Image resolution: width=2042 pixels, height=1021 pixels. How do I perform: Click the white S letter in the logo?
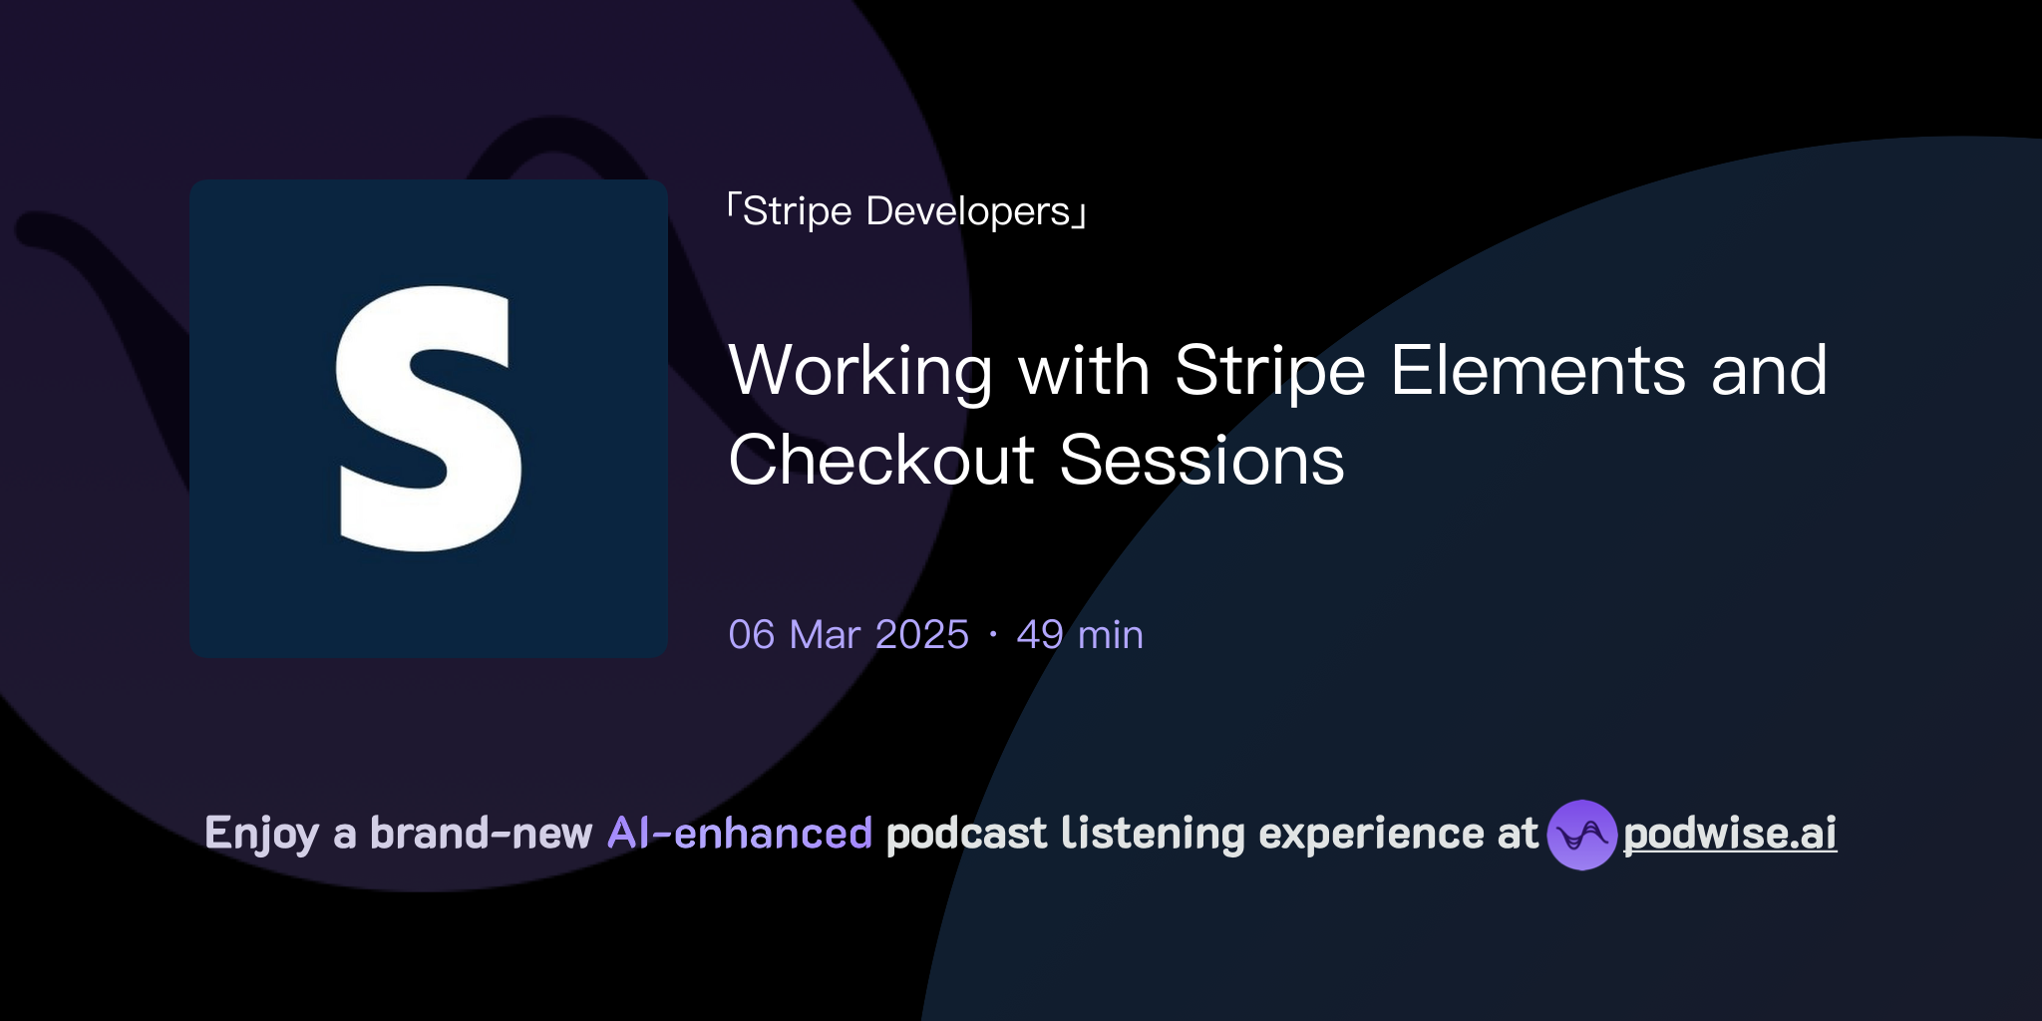429,419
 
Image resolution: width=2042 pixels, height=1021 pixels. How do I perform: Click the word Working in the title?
859,372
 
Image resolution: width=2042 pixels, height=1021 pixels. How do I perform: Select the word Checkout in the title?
881,460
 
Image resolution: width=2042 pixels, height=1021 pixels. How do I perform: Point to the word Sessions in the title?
1201,460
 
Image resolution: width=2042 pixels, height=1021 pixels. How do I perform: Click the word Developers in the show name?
967,211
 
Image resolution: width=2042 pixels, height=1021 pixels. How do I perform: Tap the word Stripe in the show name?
797,211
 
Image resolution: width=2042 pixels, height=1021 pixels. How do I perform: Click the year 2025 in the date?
921,635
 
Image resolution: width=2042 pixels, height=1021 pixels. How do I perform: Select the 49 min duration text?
1079,635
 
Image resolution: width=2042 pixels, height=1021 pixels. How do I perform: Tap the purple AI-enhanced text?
740,833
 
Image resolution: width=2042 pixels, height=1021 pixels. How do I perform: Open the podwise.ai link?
1729,834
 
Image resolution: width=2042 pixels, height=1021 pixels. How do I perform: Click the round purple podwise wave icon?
1581,835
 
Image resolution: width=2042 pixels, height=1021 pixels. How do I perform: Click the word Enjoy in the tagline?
261,834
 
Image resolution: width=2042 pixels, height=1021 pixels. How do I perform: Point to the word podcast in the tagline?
966,834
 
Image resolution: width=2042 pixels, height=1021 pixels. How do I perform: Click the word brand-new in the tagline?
481,833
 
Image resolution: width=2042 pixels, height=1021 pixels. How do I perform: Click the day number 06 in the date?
751,635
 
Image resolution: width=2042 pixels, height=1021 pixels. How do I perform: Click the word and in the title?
1769,370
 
